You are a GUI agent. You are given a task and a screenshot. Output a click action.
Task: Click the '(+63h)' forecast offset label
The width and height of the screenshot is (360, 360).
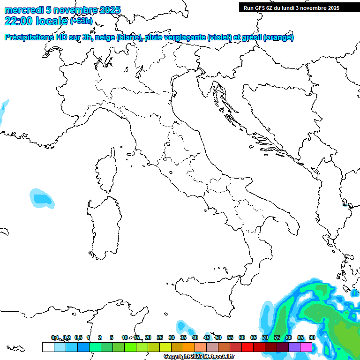(x=81, y=21)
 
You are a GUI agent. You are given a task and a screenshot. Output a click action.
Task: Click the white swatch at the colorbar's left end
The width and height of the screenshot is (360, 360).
(x=48, y=347)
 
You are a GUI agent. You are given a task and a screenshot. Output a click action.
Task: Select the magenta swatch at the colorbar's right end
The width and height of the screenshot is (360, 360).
(x=306, y=347)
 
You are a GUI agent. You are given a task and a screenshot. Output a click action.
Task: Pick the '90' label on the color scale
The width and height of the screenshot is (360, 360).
(x=312, y=337)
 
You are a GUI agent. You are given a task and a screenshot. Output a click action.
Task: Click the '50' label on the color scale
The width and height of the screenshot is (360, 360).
(x=218, y=337)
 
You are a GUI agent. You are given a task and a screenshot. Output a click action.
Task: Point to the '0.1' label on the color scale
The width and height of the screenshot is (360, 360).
(x=55, y=337)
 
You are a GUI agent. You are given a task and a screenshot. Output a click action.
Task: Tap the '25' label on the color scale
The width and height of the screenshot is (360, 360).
(x=160, y=337)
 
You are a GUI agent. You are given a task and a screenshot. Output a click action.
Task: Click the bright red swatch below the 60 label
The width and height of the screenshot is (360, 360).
(x=247, y=347)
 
